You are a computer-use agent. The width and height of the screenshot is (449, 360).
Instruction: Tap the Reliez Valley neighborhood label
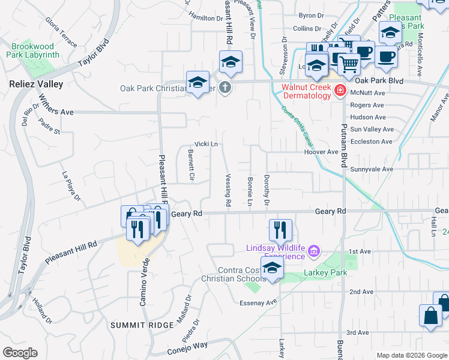tap(36, 85)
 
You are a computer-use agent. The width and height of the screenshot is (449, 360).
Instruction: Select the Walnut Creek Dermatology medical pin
tap(340, 91)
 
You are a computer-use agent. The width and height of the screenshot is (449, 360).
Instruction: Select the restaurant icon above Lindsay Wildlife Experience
tap(280, 230)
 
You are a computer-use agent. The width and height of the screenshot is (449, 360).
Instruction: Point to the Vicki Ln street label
tap(205, 145)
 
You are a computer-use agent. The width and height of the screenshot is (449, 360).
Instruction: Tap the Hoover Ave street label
tap(321, 152)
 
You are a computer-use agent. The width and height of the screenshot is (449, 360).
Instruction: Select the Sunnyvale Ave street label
tap(372, 170)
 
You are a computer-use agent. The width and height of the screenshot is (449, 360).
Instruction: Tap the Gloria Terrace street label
tap(61, 32)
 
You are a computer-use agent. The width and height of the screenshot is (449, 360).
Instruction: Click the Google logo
tap(20, 352)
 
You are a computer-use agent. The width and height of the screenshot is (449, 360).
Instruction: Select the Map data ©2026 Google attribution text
tap(411, 355)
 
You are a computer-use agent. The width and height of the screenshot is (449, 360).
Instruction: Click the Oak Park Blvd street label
tap(378, 81)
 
